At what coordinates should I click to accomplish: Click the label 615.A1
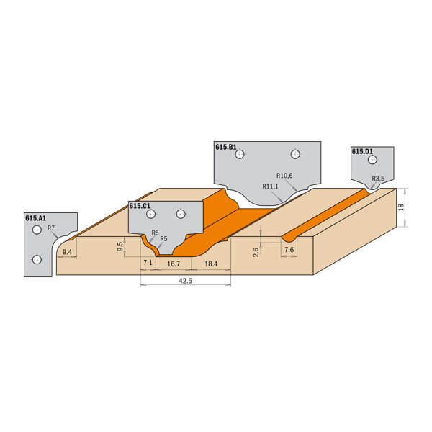click(x=35, y=218)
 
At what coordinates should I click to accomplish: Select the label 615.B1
click(x=226, y=147)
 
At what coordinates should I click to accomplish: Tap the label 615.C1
click(x=140, y=206)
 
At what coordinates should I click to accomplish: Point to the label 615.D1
click(x=362, y=151)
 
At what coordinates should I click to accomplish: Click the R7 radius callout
click(x=51, y=228)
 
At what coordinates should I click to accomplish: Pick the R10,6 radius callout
click(x=284, y=176)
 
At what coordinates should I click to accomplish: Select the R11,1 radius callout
click(x=270, y=186)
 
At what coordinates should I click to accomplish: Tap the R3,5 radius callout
click(x=378, y=179)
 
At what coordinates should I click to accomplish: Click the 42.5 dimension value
click(x=185, y=281)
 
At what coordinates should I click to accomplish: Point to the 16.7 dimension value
click(x=174, y=264)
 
